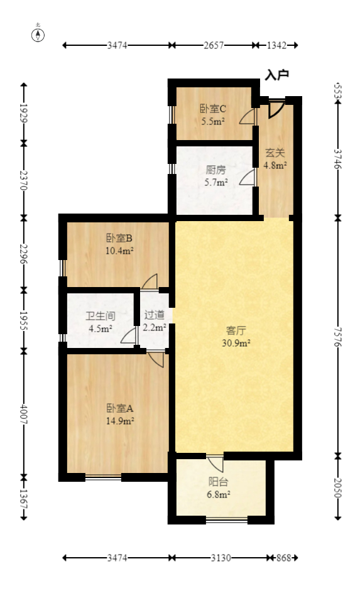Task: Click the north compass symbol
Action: coord(38,35)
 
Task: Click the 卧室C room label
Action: coord(213,109)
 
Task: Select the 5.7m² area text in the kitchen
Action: coord(215,182)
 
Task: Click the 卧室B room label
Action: coord(119,238)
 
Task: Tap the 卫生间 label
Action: coord(101,315)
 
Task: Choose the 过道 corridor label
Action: coord(154,315)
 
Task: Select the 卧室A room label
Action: coord(119,408)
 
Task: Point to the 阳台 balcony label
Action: coord(219,482)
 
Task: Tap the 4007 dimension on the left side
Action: coord(24,413)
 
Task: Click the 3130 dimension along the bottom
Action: coord(221,558)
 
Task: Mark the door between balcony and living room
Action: coord(215,463)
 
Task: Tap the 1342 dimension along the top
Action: coord(276,45)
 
